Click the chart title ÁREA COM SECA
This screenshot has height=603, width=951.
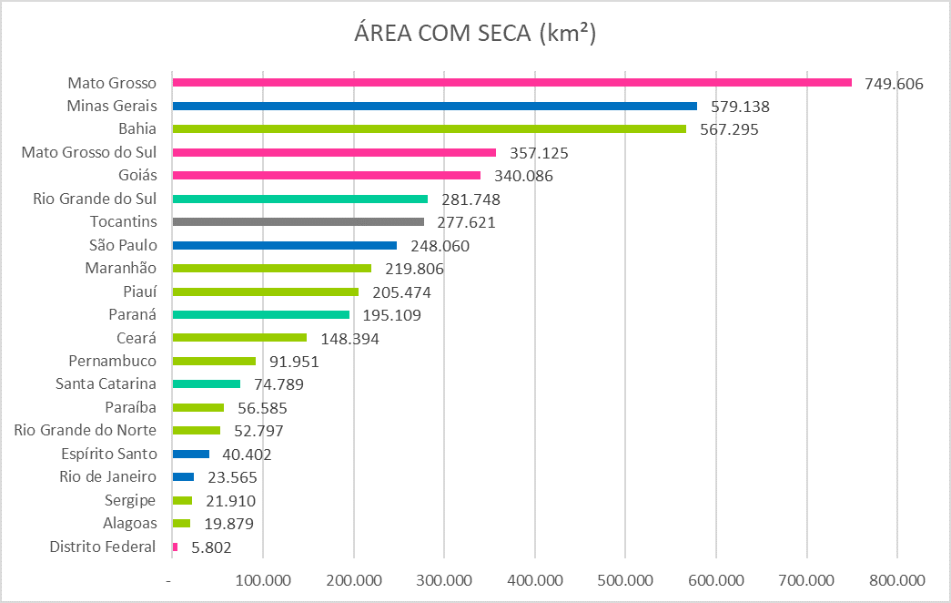point(474,35)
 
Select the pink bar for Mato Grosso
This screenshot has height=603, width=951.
point(511,83)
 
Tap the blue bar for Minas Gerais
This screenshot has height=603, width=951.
point(434,106)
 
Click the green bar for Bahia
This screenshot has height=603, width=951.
point(429,129)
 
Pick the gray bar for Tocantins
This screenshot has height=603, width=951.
point(298,221)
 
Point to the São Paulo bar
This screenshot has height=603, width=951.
point(284,245)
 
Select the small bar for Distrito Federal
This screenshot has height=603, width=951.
point(175,547)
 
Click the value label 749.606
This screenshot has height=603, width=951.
point(893,84)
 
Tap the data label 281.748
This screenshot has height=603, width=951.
point(470,199)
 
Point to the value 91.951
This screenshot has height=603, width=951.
point(294,362)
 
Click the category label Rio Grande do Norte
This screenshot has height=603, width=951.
point(86,430)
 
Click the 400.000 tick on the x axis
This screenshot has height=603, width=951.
point(535,580)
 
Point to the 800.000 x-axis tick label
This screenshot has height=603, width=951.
point(897,580)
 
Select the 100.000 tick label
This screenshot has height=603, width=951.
point(263,580)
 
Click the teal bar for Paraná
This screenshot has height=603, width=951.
point(260,314)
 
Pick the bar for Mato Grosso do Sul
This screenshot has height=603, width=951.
point(334,152)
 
